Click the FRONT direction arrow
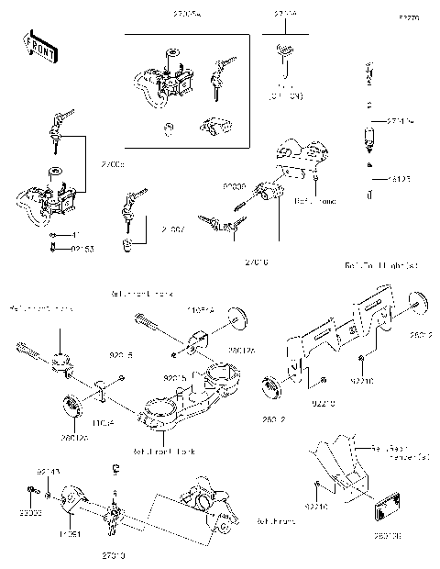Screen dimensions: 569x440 38,48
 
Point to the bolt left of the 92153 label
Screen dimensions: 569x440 52,248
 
